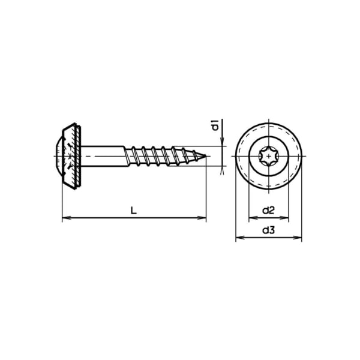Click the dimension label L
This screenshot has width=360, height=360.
click(134, 211)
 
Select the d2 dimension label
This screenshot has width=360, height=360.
click(268, 211)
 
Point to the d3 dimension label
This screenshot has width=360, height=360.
click(268, 230)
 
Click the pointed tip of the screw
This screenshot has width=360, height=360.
click(205, 157)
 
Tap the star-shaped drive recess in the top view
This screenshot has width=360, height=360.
click(268, 157)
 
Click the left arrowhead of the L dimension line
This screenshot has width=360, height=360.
click(65, 218)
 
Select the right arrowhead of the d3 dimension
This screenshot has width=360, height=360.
click(298, 238)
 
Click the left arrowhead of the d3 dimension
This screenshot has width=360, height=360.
click(238, 238)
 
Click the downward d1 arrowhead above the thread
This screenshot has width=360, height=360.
click(222, 143)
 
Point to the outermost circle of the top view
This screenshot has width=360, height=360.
click(268, 124)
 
